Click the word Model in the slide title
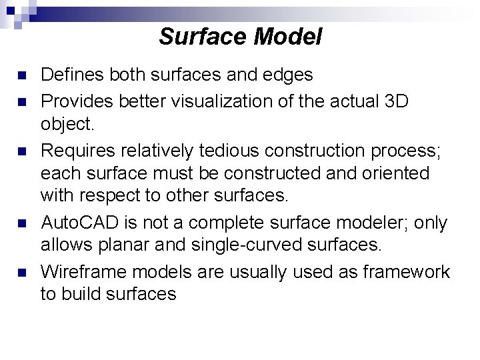[x=288, y=37]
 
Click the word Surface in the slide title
[x=203, y=37]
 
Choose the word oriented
[x=397, y=173]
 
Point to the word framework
[x=407, y=271]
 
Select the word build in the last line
[x=87, y=294]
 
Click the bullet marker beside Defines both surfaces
[x=23, y=75]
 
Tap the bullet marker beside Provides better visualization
[x=23, y=101]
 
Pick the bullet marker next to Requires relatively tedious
[x=23, y=150]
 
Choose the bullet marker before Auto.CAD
[x=23, y=223]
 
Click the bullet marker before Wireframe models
[x=23, y=272]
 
